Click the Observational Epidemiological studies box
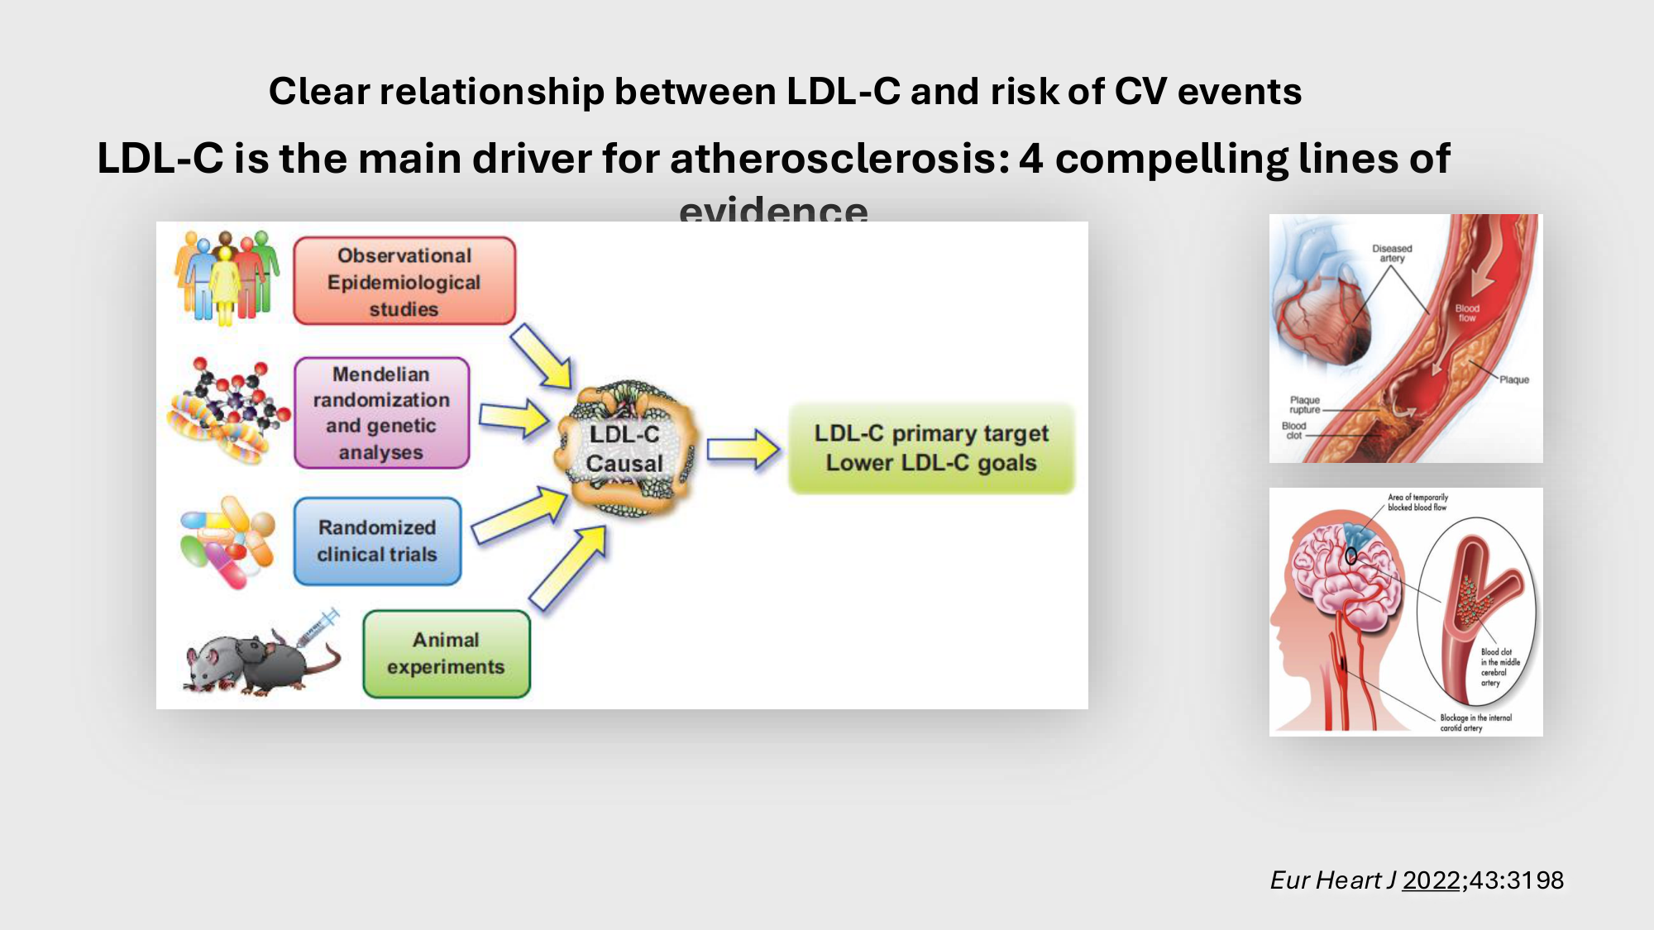pos(404,281)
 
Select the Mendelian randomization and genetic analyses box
pos(381,413)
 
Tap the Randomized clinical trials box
pos(377,541)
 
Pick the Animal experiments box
pos(446,654)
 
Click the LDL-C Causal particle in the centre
pos(625,449)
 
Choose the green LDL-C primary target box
pos(931,448)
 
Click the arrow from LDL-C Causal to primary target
pos(743,450)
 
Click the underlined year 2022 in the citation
pos(1431,880)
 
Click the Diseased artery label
pos(1392,253)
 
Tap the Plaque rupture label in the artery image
pos(1304,404)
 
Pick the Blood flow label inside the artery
pos(1467,313)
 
